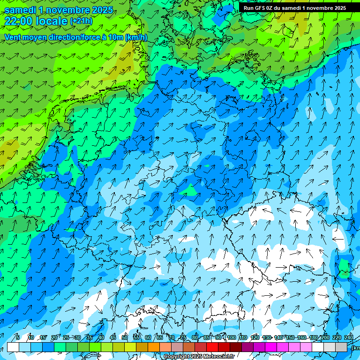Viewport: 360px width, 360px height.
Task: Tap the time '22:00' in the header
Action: tap(20, 21)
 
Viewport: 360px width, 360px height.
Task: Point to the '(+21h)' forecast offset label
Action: tap(81, 21)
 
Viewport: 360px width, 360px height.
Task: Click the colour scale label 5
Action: tap(18, 337)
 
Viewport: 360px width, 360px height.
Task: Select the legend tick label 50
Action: tap(125, 337)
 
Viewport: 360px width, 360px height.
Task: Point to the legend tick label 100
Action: tap(231, 337)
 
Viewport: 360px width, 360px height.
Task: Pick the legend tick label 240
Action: tap(349, 337)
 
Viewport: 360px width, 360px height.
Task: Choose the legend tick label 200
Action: tap(325, 337)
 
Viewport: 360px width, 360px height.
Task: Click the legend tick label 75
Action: tap(183, 337)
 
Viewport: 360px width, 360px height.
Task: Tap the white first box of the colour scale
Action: tap(13, 347)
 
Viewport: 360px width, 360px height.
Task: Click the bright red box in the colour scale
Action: tap(212, 347)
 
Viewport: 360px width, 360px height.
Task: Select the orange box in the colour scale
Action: tap(142, 347)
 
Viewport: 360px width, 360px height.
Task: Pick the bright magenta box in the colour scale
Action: tap(271, 347)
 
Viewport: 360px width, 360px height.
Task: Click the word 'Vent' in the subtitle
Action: tap(15, 37)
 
